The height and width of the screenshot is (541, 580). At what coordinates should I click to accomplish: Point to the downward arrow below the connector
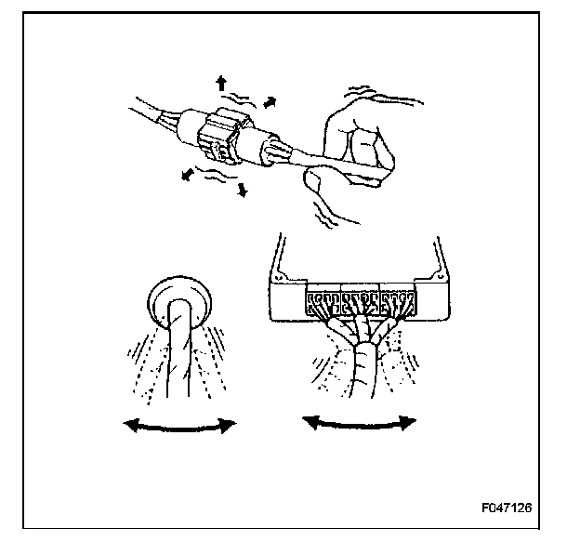tap(244, 190)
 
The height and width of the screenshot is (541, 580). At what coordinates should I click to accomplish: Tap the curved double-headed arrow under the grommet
tap(180, 425)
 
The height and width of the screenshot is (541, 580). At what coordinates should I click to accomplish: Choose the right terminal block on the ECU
tap(398, 301)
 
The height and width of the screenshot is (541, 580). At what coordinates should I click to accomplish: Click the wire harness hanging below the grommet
tap(176, 363)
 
